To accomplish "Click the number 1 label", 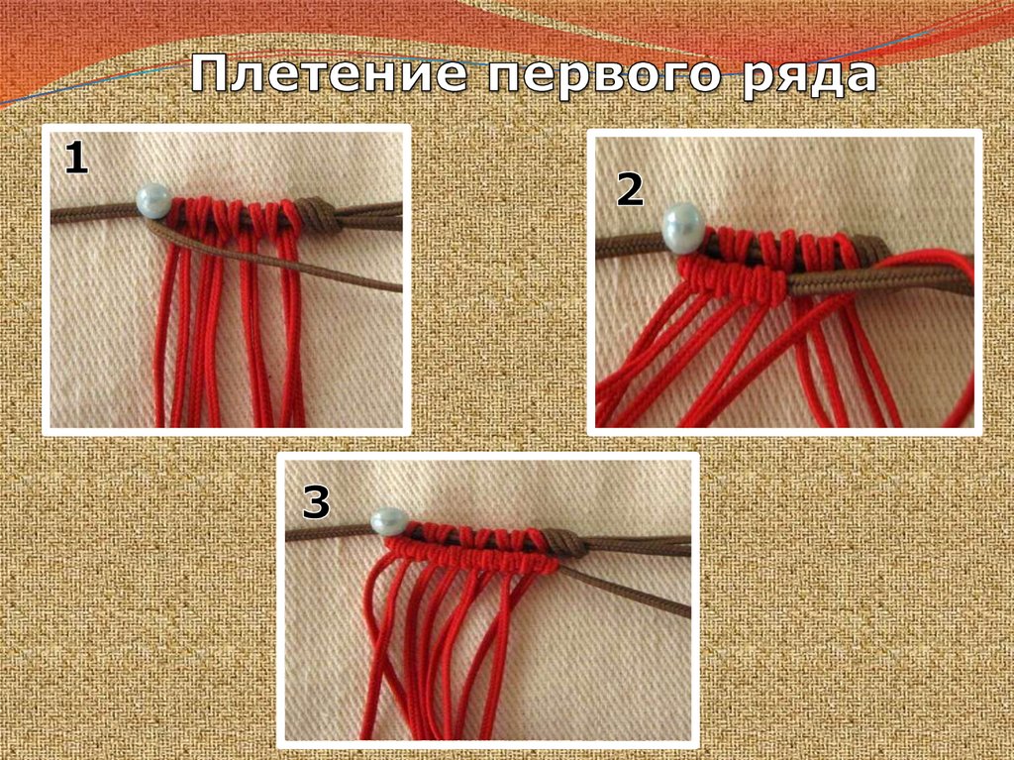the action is [75, 159].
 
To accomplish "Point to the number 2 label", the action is [630, 189].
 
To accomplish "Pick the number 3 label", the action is [316, 502].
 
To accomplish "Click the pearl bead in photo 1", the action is [153, 200].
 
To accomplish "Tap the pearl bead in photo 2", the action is [683, 225].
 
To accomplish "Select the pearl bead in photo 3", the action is [389, 522].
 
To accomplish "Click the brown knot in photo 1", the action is [320, 216].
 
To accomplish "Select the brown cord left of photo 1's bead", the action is [94, 213].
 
